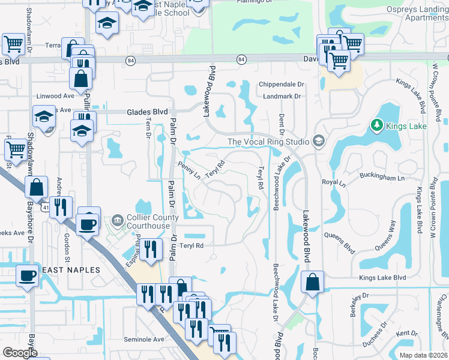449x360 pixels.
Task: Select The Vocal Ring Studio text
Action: point(268,142)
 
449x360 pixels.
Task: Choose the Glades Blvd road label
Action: point(146,112)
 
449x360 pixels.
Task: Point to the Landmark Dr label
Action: point(281,96)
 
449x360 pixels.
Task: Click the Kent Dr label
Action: point(406,333)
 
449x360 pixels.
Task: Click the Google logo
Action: point(20,353)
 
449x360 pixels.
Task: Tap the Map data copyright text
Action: point(423,355)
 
